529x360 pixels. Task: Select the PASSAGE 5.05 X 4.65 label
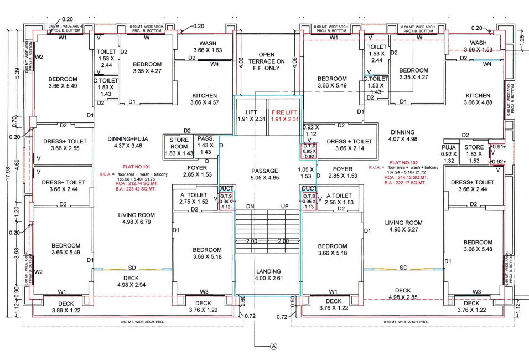click(264, 174)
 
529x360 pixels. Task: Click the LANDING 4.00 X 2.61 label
click(269, 275)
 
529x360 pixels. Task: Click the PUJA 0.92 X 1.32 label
click(448, 154)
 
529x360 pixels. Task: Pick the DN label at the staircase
click(250, 206)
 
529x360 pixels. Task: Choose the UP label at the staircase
click(285, 206)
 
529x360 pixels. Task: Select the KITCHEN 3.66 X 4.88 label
click(478, 99)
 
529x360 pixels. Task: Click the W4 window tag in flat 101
click(214, 64)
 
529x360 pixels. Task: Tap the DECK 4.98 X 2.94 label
click(131, 281)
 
